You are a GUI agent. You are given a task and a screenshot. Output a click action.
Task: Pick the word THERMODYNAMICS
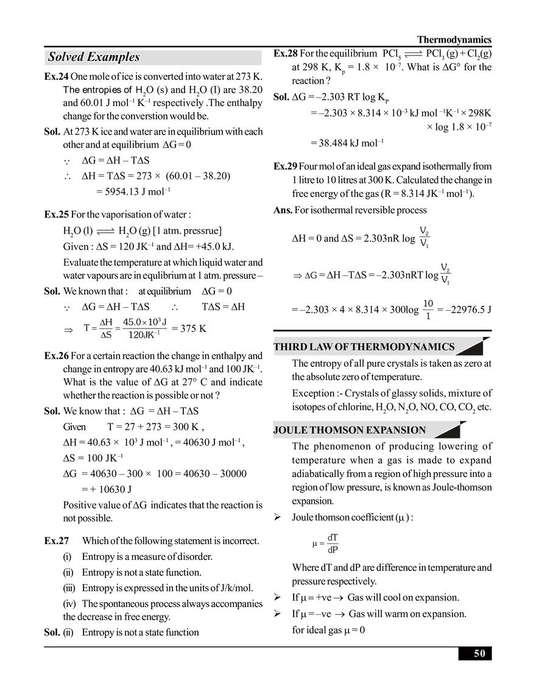[403, 347]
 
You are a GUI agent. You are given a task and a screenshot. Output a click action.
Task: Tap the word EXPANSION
[395, 430]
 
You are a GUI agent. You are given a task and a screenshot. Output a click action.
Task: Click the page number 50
[479, 654]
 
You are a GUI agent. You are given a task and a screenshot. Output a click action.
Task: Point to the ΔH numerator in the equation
[106, 322]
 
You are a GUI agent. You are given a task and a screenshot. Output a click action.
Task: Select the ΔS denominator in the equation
[106, 335]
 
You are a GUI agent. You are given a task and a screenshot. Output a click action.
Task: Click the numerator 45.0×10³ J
[145, 321]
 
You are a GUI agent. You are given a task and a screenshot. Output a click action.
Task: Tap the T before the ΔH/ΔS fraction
[86, 328]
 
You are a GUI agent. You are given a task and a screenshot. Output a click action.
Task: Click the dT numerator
[333, 537]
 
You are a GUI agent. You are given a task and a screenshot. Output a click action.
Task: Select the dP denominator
[333, 550]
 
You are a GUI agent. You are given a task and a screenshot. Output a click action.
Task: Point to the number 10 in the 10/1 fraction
[428, 303]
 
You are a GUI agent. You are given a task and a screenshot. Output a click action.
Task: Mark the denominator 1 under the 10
[428, 316]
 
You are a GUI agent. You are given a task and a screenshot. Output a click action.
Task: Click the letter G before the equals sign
[313, 275]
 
